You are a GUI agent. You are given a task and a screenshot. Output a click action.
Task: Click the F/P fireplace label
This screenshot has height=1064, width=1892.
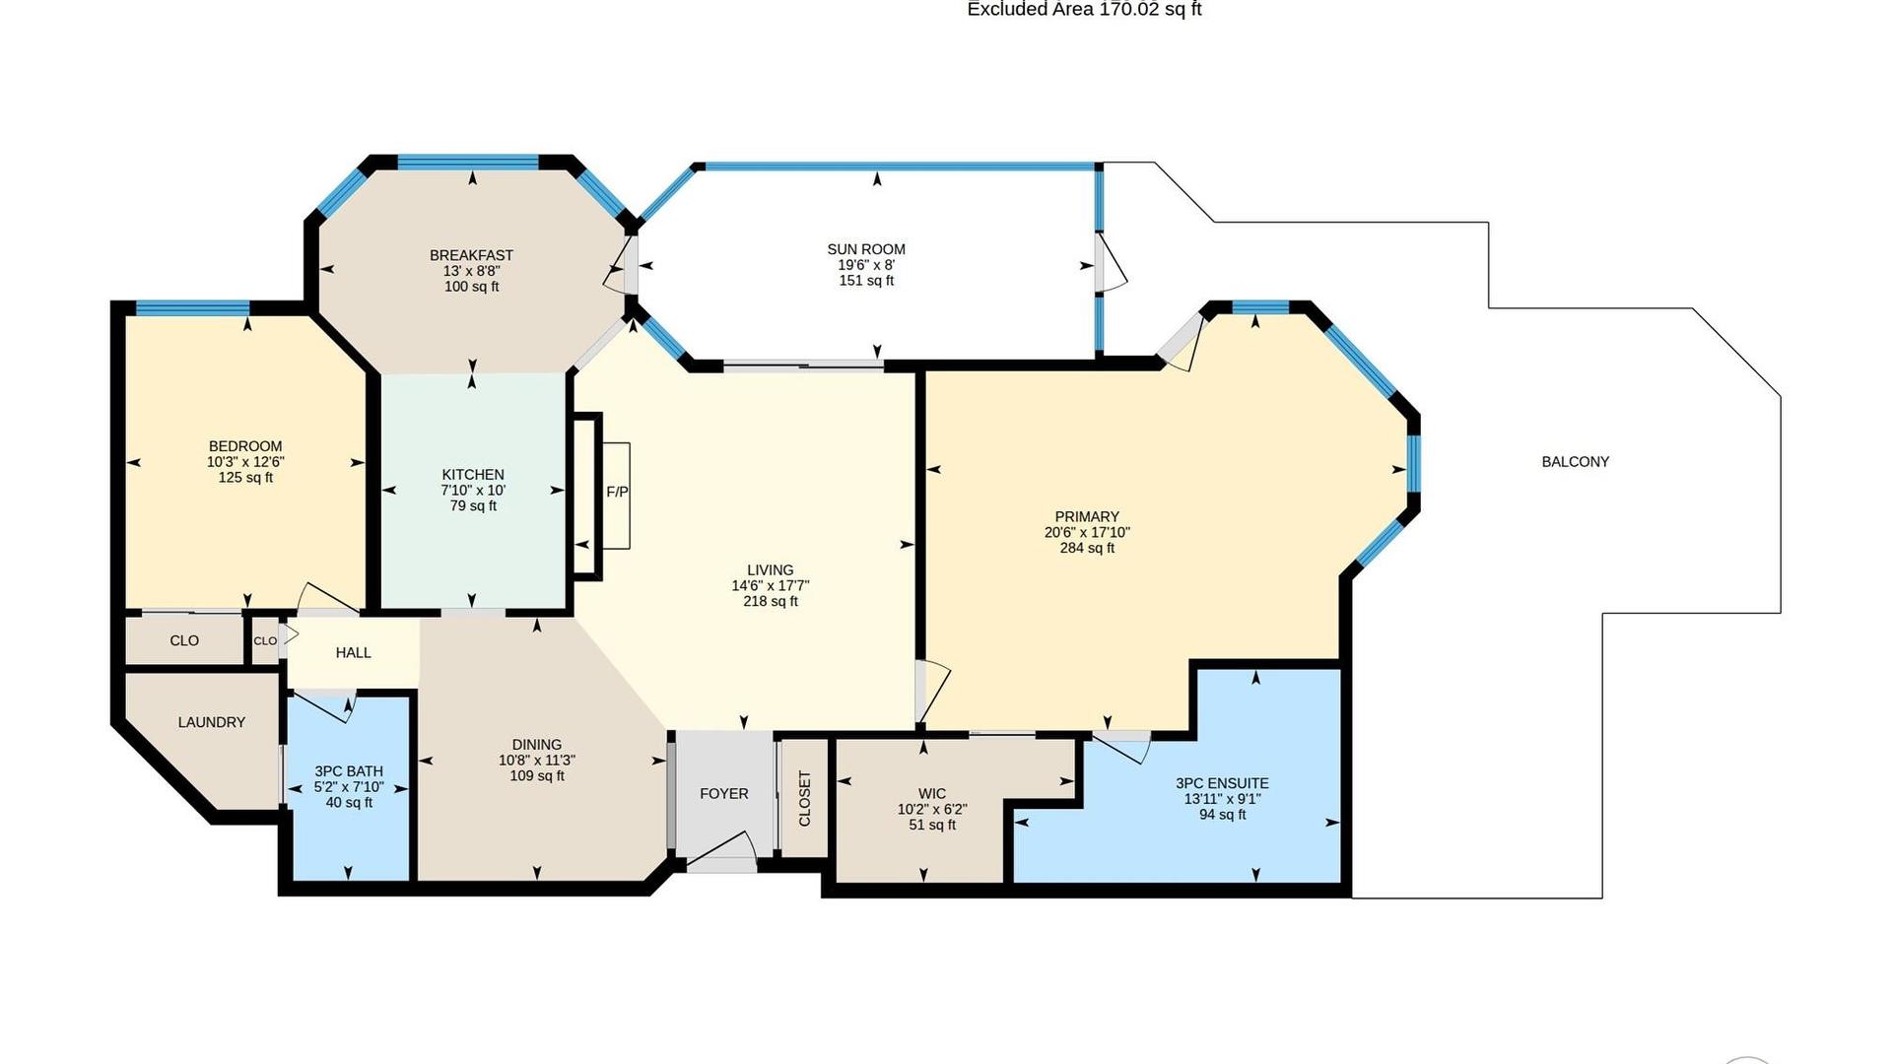pos(617,492)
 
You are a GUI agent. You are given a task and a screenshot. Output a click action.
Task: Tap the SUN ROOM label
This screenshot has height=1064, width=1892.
pos(866,249)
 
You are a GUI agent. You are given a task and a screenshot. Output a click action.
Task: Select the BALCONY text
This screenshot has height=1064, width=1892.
pos(1575,461)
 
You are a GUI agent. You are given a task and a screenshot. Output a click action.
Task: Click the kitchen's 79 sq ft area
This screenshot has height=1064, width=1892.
pos(473,506)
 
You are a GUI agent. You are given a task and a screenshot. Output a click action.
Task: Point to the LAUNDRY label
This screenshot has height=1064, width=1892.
pos(212,722)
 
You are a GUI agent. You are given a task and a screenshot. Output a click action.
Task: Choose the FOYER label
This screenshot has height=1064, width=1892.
pos(724,793)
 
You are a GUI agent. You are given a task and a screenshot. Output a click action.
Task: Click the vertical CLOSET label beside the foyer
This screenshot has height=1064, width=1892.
pos(804,799)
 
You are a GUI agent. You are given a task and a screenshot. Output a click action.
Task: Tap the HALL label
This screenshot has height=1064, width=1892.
pos(353,652)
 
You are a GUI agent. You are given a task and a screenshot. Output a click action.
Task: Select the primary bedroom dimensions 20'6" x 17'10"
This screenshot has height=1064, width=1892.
pos(1087,532)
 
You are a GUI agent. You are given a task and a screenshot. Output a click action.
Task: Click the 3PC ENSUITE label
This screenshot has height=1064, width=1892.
pos(1222,783)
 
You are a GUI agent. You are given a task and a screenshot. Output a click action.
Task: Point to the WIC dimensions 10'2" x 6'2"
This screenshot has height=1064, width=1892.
pos(932,809)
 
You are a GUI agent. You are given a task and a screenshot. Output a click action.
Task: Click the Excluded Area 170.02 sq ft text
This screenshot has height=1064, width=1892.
pos(1084,9)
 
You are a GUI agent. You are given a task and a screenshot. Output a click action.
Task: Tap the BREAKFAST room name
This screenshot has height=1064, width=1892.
pos(471,255)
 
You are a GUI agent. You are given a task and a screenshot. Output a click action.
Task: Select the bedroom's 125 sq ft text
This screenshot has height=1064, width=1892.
pos(245,478)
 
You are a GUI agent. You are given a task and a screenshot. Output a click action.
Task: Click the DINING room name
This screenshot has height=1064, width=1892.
pos(537,745)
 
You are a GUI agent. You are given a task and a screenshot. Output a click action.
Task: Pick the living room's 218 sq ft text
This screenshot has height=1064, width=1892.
pos(771,601)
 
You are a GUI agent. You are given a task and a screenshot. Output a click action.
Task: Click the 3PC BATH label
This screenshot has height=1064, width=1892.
pos(349,771)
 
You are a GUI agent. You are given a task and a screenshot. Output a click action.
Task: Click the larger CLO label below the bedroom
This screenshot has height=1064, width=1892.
pos(184,640)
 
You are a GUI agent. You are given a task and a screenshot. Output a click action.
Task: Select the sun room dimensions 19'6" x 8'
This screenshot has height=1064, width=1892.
pos(866,265)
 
